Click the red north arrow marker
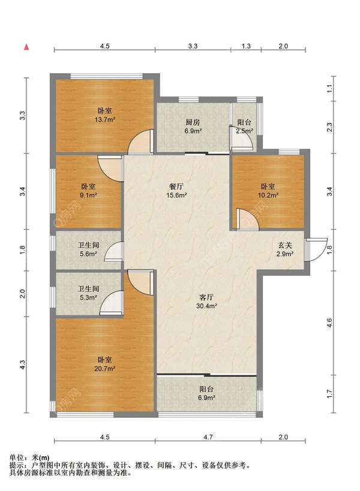click(27, 47)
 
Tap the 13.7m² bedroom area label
click(105, 119)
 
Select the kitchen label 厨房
click(193, 122)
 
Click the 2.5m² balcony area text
click(245, 131)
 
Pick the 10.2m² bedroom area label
click(268, 195)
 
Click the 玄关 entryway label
click(285, 245)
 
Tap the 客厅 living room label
click(207, 297)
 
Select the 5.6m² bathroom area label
click(88, 254)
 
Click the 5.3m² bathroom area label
click(88, 297)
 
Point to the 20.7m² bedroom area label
click(104, 369)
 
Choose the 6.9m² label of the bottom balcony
click(207, 397)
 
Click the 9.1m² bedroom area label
click(89, 195)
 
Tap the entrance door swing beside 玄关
click(316, 250)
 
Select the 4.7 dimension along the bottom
click(208, 437)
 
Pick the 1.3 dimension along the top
click(246, 46)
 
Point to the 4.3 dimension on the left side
click(22, 365)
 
